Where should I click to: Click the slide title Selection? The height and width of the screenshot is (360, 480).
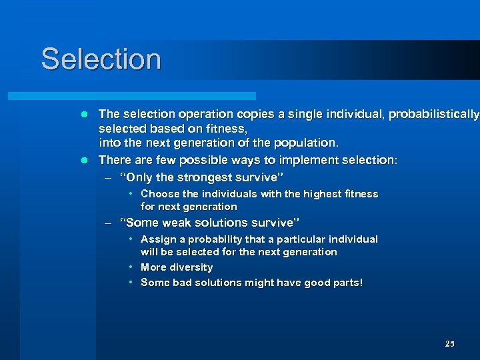click(x=101, y=59)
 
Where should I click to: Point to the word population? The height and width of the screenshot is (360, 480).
click(x=304, y=142)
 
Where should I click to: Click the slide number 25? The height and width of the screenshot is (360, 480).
click(x=449, y=344)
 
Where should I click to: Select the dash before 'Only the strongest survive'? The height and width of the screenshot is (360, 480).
click(x=108, y=178)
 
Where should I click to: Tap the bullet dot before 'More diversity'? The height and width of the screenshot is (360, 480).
click(x=132, y=267)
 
